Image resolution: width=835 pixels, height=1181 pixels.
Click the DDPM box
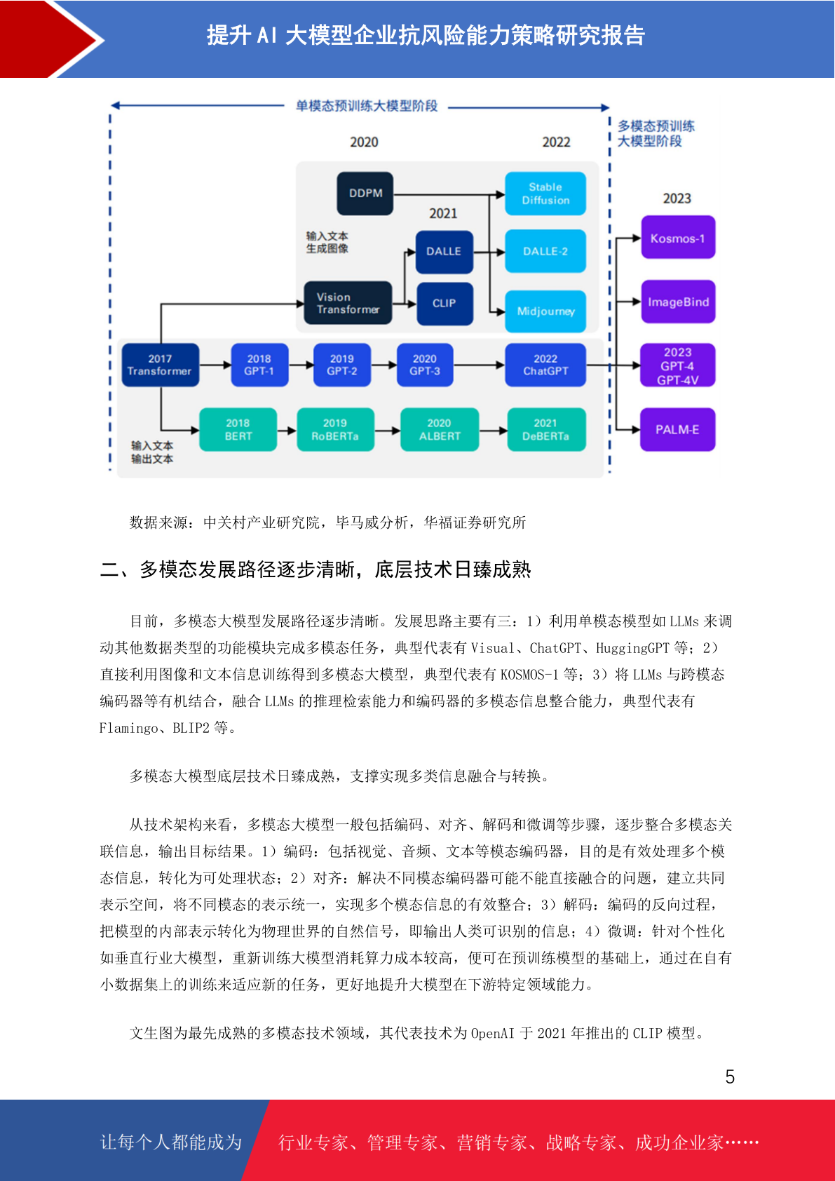365,194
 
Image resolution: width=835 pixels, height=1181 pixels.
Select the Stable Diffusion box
545,194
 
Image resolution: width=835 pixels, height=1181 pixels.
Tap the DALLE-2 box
545,251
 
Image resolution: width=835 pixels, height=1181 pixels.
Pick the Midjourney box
545,311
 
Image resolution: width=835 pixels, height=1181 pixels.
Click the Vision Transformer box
348,303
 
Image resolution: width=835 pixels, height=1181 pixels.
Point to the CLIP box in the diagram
444,304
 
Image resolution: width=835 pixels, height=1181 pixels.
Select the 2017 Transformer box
161,365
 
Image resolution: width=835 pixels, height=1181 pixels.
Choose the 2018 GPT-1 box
259,365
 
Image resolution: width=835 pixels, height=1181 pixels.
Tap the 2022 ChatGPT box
545,365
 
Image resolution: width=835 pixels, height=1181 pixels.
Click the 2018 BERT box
238,429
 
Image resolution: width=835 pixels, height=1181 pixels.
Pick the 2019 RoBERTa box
335,429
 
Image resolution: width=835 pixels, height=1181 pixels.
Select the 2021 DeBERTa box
546,429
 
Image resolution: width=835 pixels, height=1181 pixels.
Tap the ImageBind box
678,302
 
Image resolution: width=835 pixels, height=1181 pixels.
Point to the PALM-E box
677,429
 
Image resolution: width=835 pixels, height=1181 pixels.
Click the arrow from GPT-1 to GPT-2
301,365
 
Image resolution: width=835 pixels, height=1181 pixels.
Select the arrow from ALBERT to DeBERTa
493,430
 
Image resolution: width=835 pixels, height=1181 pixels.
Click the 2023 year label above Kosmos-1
677,198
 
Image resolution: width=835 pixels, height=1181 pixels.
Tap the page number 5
730,1077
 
